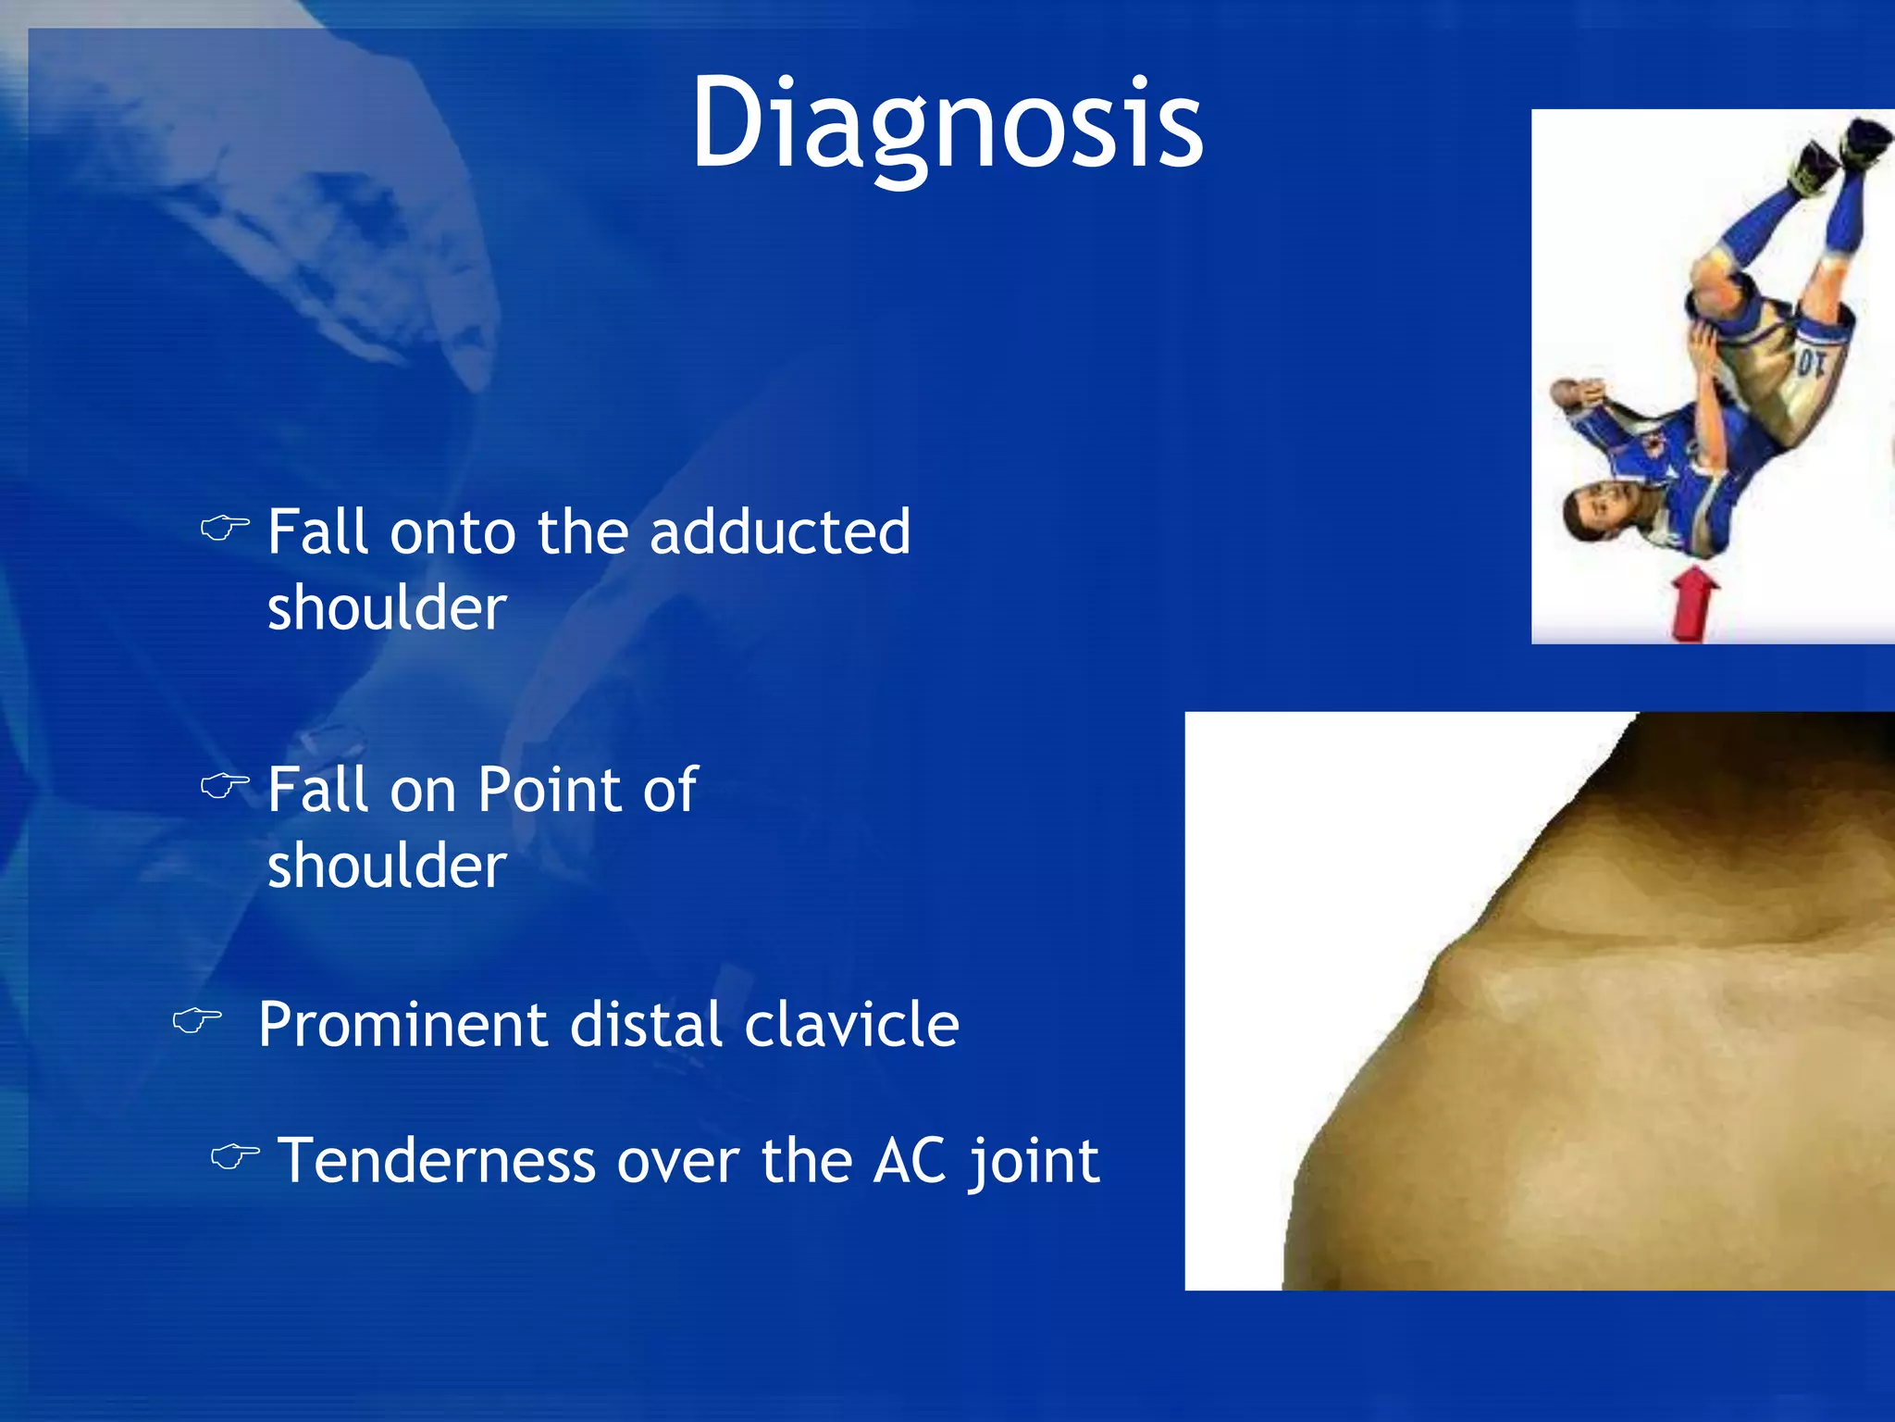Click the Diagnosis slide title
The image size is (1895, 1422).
click(947, 125)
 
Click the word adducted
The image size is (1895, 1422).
click(780, 532)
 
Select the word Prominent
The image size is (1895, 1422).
click(403, 1025)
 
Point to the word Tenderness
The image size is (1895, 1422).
click(437, 1161)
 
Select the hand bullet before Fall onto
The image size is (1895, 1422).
click(225, 529)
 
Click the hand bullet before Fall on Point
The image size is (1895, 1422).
click(225, 787)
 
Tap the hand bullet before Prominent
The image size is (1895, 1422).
click(197, 1021)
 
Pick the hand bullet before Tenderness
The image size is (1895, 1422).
click(235, 1156)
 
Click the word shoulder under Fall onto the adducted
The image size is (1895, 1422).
click(387, 608)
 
